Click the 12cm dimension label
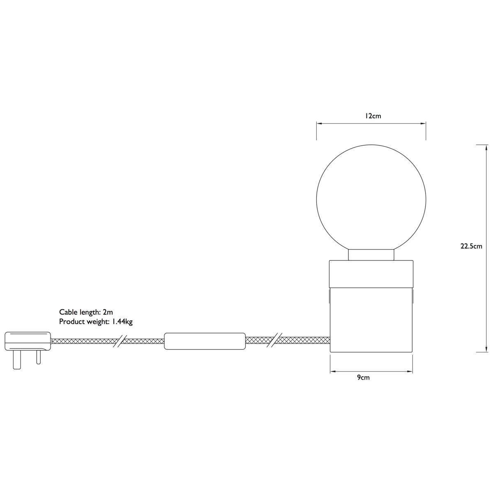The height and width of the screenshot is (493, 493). pos(373,116)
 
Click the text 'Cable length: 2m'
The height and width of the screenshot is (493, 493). pos(86,312)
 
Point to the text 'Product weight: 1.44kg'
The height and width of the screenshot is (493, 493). pos(96,322)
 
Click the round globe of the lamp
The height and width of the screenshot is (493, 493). pos(371,199)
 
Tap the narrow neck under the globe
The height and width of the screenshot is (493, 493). pos(371,255)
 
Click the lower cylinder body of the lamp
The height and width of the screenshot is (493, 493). pos(371,319)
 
